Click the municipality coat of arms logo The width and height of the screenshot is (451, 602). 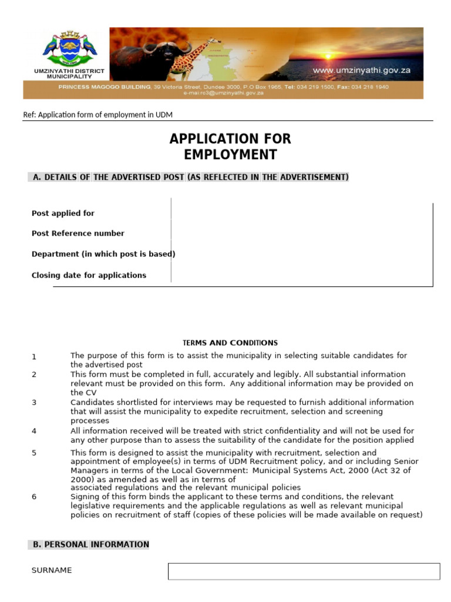click(69, 48)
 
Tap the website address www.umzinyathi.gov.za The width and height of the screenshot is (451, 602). click(361, 71)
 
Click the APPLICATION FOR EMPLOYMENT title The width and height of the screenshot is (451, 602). click(230, 147)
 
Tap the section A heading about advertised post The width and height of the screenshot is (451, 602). click(189, 177)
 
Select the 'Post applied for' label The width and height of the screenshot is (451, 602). click(63, 213)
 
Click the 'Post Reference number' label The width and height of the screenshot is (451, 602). click(78, 233)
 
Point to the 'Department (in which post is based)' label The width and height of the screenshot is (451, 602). click(103, 254)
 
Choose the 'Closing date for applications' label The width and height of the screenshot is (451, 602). click(89, 275)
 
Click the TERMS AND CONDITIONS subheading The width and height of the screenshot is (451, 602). click(230, 343)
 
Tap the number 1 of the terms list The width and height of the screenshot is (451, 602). click(34, 357)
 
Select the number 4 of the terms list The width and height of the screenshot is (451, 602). click(34, 431)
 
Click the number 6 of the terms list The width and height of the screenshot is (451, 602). click(34, 497)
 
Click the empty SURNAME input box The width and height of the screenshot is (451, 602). click(304, 571)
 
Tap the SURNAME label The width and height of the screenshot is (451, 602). click(52, 570)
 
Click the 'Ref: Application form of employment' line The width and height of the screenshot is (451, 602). click(97, 115)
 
